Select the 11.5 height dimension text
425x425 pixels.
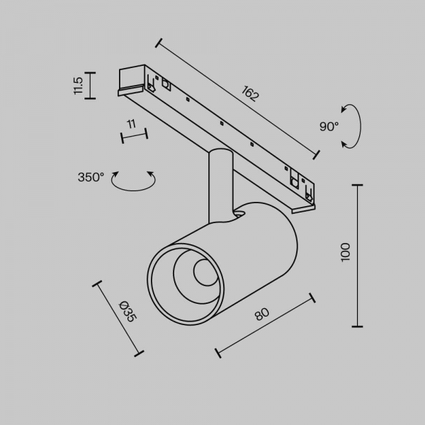[x=79, y=86]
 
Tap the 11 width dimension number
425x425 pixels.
[x=131, y=124]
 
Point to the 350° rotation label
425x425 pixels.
[x=91, y=177]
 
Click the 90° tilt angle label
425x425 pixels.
[x=329, y=127]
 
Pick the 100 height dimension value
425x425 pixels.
[x=346, y=253]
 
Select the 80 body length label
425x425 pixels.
[x=262, y=314]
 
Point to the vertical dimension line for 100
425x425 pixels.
[x=358, y=256]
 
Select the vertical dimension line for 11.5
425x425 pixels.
[x=90, y=86]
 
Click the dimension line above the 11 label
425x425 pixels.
[x=134, y=135]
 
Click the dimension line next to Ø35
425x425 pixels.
[x=118, y=318]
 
